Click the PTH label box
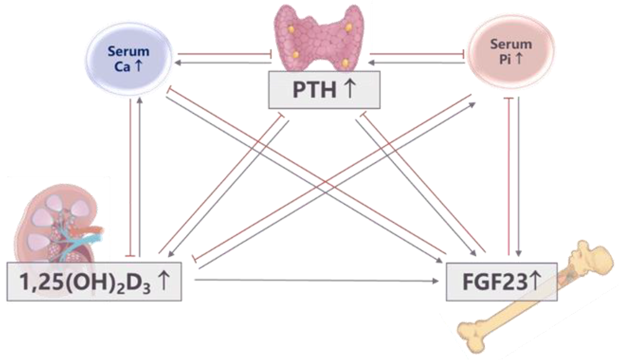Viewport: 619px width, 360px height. [324, 90]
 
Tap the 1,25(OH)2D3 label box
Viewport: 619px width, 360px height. [94, 282]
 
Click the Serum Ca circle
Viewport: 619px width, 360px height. [129, 59]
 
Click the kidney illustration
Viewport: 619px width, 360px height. [56, 224]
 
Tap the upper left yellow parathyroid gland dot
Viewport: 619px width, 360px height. [291, 29]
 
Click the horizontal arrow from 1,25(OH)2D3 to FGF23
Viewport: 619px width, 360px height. [316, 281]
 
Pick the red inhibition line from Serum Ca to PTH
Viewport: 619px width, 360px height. [224, 54]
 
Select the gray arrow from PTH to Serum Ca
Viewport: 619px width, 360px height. [224, 63]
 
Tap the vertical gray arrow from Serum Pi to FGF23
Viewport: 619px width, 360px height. [519, 177]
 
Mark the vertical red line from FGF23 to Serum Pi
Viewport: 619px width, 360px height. [508, 177]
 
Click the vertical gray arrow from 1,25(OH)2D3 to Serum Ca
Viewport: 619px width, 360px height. [140, 177]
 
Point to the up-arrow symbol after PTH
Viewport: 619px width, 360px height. [349, 89]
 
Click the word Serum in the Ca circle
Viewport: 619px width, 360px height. [128, 51]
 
